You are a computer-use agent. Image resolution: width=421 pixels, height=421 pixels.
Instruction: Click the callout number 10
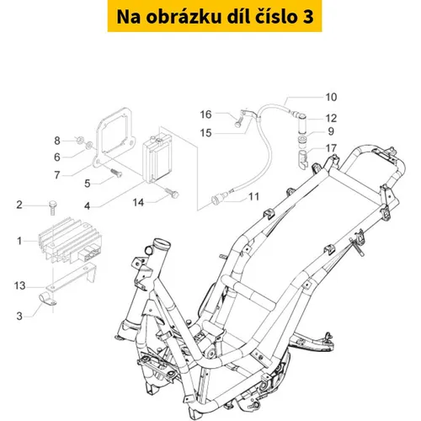(x=331, y=97)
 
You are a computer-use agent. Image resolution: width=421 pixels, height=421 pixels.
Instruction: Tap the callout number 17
(x=331, y=148)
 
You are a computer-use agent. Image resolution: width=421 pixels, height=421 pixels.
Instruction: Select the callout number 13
(x=19, y=285)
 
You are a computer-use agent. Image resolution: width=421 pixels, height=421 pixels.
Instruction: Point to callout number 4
(x=88, y=206)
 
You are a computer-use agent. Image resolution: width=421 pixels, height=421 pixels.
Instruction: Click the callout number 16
(x=205, y=115)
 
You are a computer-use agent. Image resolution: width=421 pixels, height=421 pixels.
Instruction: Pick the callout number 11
(x=253, y=197)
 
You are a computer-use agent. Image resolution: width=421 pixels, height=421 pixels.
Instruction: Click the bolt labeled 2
(x=52, y=207)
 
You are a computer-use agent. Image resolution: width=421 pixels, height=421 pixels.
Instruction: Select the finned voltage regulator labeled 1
(x=70, y=240)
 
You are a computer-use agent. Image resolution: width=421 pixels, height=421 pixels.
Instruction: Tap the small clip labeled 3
(x=47, y=299)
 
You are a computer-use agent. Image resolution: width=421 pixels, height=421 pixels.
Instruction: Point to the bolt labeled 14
(x=172, y=192)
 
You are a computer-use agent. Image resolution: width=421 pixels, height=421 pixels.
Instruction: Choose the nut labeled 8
(x=80, y=139)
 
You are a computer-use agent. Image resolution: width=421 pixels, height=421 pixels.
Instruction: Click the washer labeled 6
(x=88, y=145)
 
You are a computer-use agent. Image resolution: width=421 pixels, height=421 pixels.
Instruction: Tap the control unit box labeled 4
(x=157, y=157)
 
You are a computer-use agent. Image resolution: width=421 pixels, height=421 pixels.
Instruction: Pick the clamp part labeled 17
(x=303, y=159)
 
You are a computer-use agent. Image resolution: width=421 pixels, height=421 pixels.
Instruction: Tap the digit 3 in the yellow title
(x=308, y=17)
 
